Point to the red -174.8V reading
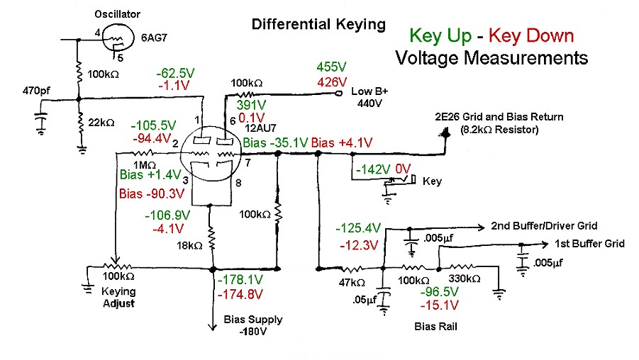pyautogui.click(x=240, y=293)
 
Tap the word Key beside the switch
pyautogui.click(x=432, y=181)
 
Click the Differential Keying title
pyautogui.click(x=319, y=25)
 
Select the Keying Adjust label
pyautogui.click(x=118, y=297)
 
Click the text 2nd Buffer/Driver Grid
pyautogui.click(x=544, y=226)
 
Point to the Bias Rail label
pyautogui.click(x=435, y=327)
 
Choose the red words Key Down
pyautogui.click(x=532, y=35)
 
